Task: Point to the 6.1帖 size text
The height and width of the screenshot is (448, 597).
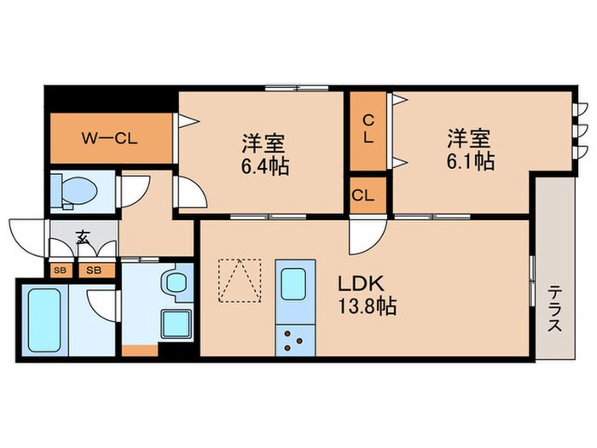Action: tap(470, 160)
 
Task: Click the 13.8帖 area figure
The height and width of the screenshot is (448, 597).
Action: tap(368, 307)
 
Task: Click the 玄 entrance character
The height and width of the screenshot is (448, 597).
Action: tap(83, 238)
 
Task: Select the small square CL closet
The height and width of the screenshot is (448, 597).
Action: tap(363, 195)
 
